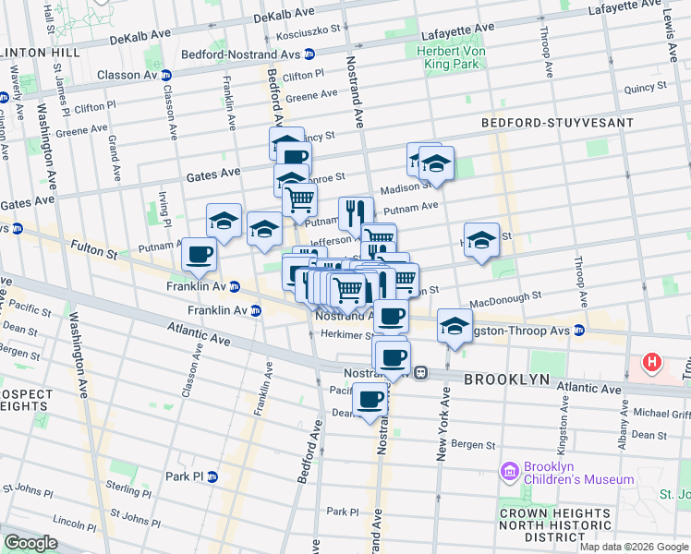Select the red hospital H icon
pos(653,363)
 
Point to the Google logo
pos(30,543)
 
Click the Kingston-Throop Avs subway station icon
pos(578,330)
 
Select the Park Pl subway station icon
pos(212,476)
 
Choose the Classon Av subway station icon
pos(166,75)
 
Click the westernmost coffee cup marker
pos(199,254)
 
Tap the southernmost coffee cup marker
pos(370,399)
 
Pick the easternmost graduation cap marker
pos(481,240)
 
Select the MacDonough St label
pos(504,299)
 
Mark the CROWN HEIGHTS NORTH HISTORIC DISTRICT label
pos(551,524)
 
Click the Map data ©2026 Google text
pos(633,547)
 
